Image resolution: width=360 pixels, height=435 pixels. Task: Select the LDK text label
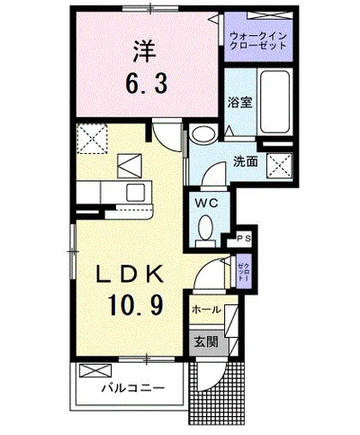pyautogui.click(x=130, y=274)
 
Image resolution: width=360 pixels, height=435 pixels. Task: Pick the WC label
pyautogui.click(x=204, y=203)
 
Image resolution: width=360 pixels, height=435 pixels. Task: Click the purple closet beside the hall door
pyautogui.click(x=243, y=268)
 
